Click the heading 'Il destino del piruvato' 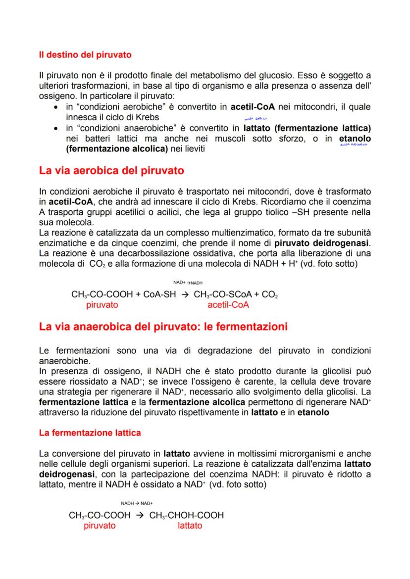(x=85, y=55)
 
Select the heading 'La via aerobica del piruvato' (x=111, y=171)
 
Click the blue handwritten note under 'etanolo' (x=353, y=145)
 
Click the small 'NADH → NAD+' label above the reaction (x=136, y=503)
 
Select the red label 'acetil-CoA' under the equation (x=228, y=305)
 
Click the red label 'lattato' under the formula (x=190, y=526)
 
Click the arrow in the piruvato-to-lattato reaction (x=140, y=515)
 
